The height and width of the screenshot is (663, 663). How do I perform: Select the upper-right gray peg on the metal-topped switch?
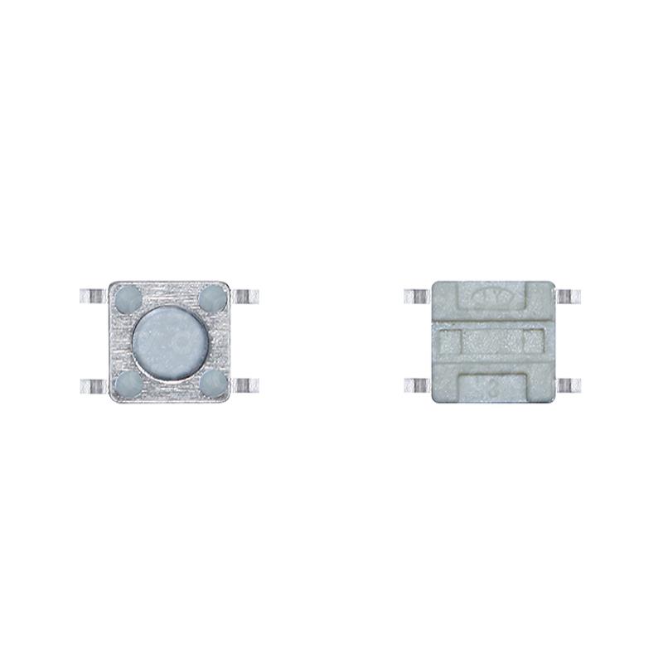point(212,296)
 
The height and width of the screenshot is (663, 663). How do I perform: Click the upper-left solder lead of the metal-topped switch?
point(91,296)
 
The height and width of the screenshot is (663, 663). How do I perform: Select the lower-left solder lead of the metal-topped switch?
point(91,385)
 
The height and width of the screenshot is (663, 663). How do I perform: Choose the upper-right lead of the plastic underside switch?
point(569,296)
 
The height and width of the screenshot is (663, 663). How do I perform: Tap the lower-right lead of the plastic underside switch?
point(569,385)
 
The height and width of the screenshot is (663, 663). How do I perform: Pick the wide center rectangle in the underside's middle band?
point(492,340)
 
